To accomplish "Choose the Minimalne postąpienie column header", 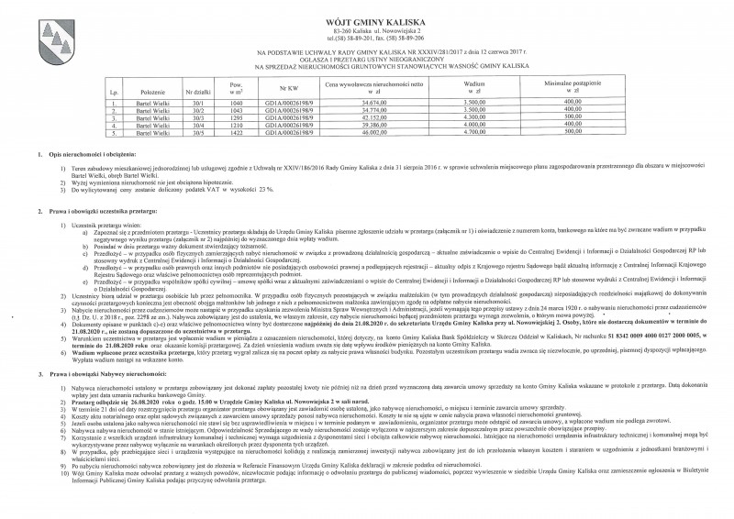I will point(573,90).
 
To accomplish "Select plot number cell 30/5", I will point(195,132).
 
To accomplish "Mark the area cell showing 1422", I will point(234,132).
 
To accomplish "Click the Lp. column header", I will point(114,94).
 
